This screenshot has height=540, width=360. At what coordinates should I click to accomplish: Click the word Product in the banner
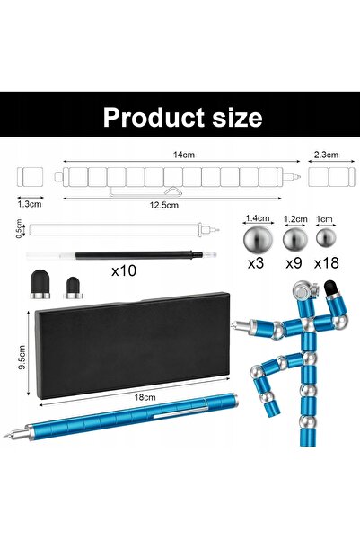[154, 118]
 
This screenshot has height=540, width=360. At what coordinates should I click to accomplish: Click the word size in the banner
[238, 118]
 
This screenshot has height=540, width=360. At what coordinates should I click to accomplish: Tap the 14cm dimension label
[184, 155]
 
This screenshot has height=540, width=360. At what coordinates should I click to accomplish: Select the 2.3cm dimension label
[326, 155]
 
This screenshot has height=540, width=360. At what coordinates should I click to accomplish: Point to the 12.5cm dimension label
[163, 205]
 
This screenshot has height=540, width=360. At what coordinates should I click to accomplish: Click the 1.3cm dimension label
[30, 204]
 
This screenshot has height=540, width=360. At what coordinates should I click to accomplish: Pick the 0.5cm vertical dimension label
[19, 228]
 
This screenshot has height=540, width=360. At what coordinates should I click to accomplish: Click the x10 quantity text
[124, 270]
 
